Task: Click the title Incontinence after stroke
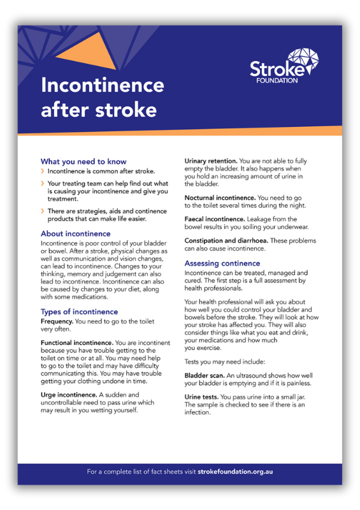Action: click(x=103, y=97)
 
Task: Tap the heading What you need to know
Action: click(x=83, y=161)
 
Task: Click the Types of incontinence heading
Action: click(x=79, y=312)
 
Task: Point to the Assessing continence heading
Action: click(x=222, y=263)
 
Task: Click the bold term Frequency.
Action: click(x=57, y=323)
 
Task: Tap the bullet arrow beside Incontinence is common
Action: click(x=43, y=172)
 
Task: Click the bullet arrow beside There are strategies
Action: click(x=43, y=210)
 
